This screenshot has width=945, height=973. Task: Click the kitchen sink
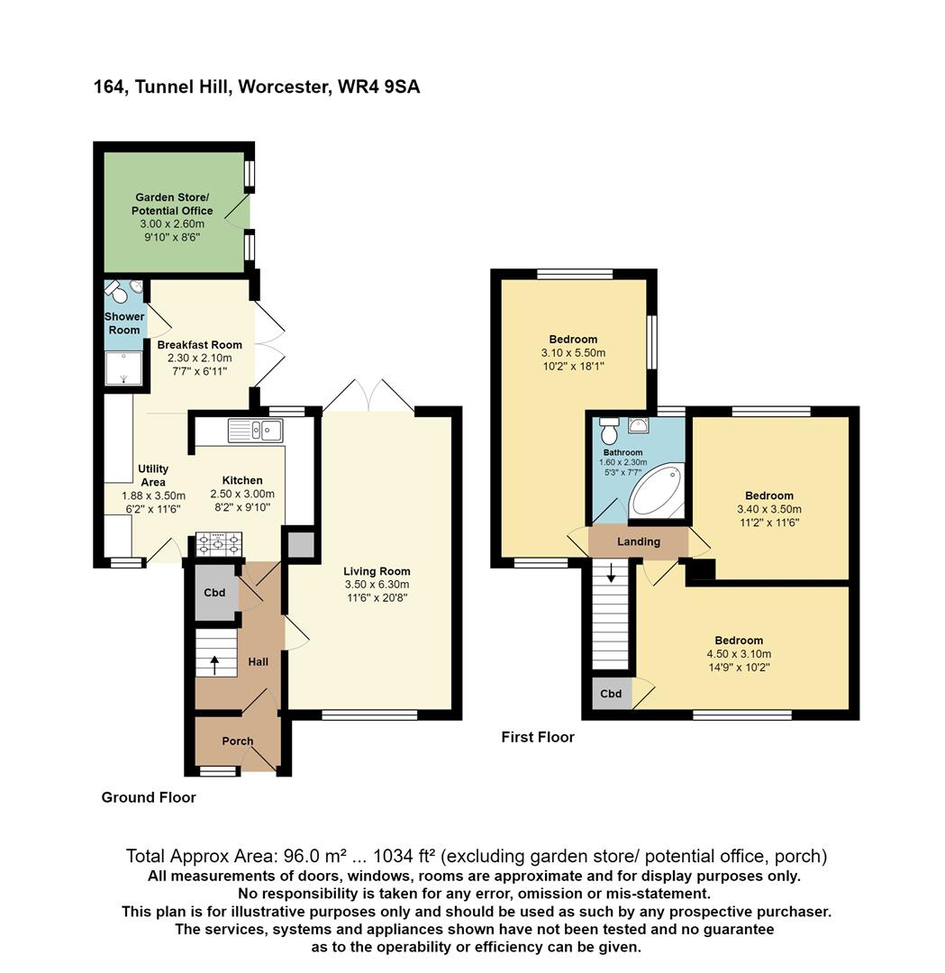pyautogui.click(x=256, y=431)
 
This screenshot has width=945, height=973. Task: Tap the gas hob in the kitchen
pyautogui.click(x=218, y=545)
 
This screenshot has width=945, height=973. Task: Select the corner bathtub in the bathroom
pyautogui.click(x=657, y=492)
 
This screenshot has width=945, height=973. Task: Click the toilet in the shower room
pyautogui.click(x=114, y=290)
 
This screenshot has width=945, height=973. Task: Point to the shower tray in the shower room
pyautogui.click(x=123, y=368)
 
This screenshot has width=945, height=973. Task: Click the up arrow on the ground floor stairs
pyautogui.click(x=214, y=665)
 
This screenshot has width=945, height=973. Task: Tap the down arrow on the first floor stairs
pyautogui.click(x=611, y=572)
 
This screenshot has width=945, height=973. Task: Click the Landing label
pyautogui.click(x=639, y=541)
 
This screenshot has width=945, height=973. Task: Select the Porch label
pyautogui.click(x=238, y=741)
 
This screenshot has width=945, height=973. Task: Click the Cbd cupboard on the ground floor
pyautogui.click(x=214, y=593)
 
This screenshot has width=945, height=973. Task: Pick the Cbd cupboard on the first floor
pyautogui.click(x=611, y=693)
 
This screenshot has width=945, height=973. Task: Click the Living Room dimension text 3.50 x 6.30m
pyautogui.click(x=377, y=585)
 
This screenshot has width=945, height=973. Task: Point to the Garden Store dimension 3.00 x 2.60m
pyautogui.click(x=172, y=224)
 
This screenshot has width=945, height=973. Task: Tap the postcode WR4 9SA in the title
pyautogui.click(x=378, y=86)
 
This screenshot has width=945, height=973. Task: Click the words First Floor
pyautogui.click(x=538, y=737)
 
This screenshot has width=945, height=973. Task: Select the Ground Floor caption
pyautogui.click(x=149, y=797)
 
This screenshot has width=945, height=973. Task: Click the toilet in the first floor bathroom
pyautogui.click(x=610, y=426)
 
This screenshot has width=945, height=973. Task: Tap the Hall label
pyautogui.click(x=259, y=662)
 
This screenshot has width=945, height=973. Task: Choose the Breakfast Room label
pyautogui.click(x=200, y=345)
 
